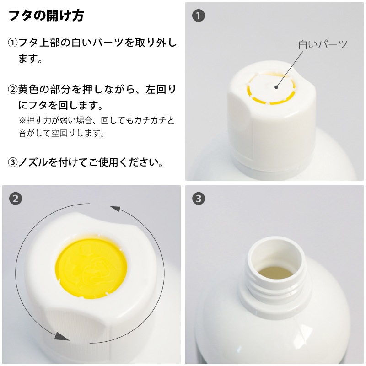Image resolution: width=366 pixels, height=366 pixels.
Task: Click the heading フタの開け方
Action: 46,16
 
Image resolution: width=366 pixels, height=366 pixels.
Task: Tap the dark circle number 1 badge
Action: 199,16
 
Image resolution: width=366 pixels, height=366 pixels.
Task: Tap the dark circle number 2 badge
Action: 16,199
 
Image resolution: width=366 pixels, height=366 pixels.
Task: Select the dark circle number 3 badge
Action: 199,199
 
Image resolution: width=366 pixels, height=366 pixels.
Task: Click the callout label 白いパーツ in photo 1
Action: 323,44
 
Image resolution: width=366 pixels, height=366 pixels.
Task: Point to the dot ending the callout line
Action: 277,87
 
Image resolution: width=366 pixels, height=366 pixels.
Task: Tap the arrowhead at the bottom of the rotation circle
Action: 61,336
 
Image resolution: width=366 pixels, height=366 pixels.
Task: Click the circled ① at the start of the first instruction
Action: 13,43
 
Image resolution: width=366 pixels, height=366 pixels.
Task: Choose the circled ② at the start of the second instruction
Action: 13,90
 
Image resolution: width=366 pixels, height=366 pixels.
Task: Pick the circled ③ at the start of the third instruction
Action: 13,162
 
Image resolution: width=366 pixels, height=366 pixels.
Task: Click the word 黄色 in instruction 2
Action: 29,90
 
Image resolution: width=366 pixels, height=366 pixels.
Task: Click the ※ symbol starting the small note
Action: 22,121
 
